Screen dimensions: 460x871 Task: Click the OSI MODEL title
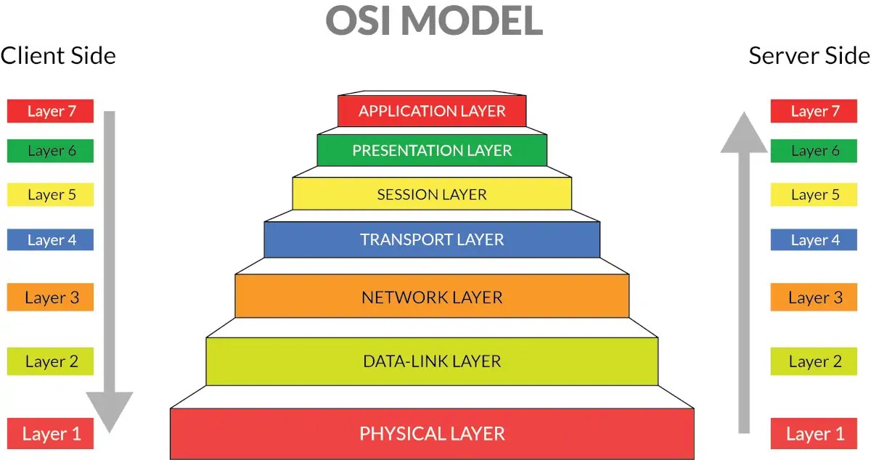434,21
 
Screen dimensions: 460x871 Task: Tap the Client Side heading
58,56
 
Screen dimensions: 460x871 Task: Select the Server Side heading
809,56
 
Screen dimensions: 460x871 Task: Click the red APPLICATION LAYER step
432,111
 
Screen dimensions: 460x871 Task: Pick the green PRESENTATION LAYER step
432,150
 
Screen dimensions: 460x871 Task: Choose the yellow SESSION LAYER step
432,194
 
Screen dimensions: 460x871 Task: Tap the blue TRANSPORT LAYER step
432,239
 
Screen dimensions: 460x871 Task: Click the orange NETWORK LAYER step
432,297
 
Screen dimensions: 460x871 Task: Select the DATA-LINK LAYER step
432,361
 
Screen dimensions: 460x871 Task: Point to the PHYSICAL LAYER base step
432,434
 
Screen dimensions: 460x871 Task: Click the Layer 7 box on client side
51,111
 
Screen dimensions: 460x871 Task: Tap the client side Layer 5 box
51,194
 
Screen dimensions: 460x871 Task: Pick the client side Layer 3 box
51,297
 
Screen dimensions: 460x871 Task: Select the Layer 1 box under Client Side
51,434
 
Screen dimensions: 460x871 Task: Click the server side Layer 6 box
814,150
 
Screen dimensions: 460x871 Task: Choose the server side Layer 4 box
814,239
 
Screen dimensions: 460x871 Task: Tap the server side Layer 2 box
814,361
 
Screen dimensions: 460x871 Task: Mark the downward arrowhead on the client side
110,410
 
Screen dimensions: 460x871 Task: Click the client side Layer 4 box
51,239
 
